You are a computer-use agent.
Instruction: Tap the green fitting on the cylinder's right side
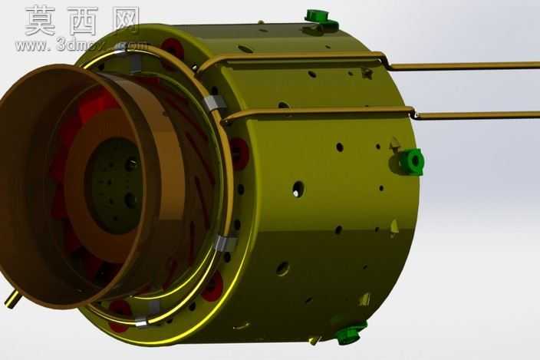[411, 161]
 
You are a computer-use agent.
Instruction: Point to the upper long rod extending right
[463, 65]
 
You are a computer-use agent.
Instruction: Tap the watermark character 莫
[40, 21]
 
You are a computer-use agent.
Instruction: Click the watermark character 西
[83, 21]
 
